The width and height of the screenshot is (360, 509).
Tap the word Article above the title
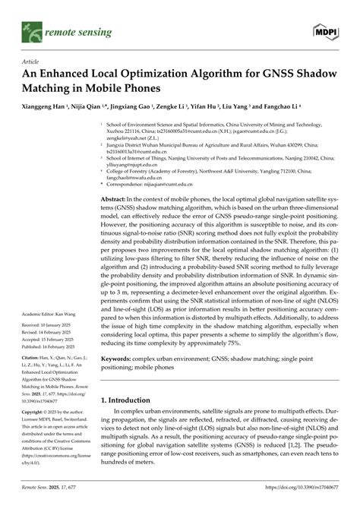click(x=31, y=62)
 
